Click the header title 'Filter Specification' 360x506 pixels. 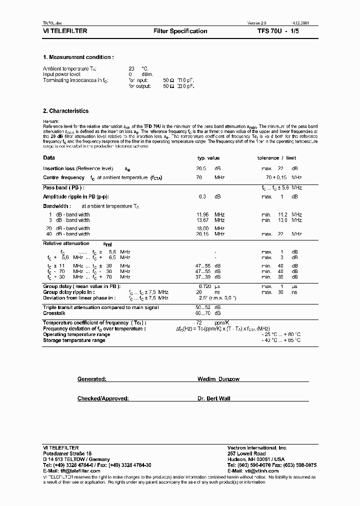pos(180,31)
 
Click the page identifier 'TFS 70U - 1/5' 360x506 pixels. pos(277,31)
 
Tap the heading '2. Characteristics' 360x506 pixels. pos(66,111)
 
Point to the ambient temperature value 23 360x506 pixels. pos(132,68)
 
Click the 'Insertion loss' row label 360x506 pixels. pos(60,168)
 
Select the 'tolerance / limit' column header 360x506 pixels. pos(277,157)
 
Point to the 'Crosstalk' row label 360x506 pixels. pos(53,313)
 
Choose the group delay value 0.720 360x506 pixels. pos(201,287)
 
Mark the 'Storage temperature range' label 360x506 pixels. pos(74,340)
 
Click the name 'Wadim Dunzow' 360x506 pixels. pos(218,379)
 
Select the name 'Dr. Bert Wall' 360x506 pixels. pos(214,398)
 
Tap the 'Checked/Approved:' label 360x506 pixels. pos(103,398)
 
